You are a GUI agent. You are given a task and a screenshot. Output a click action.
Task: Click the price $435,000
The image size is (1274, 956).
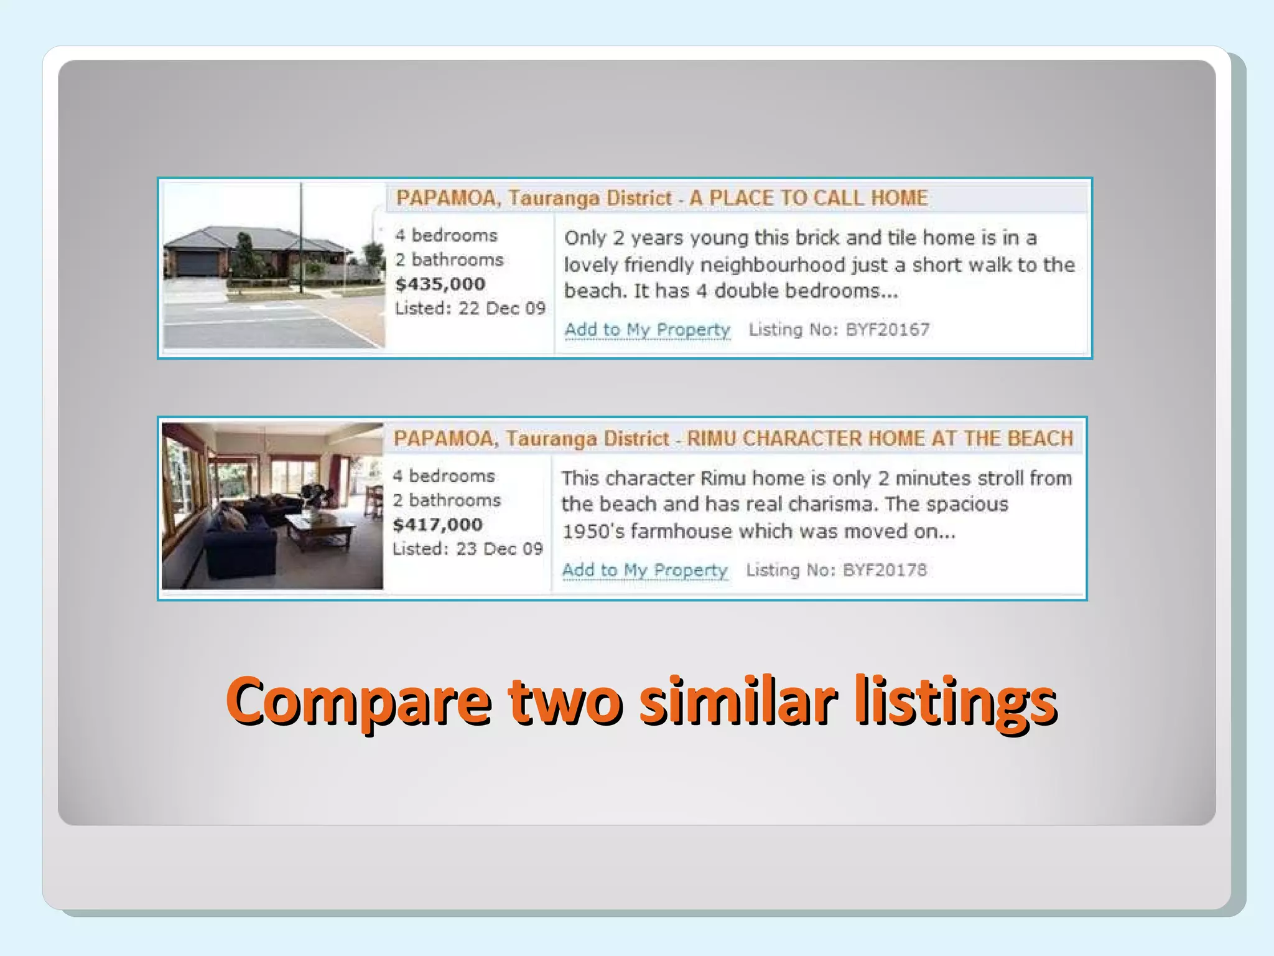440,284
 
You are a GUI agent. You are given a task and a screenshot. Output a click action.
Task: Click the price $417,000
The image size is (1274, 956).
437,525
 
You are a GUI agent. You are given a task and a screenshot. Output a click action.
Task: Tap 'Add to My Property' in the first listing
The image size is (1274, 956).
647,329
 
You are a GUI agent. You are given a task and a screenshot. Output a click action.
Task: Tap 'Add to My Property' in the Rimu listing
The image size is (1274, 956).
644,570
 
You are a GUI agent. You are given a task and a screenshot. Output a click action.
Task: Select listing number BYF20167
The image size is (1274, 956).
887,329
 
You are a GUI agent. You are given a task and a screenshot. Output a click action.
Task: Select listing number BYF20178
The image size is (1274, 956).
884,570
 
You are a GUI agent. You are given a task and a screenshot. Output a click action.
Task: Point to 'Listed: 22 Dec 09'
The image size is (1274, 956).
470,309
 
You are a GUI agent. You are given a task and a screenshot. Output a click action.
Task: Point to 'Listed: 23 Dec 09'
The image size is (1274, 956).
467,549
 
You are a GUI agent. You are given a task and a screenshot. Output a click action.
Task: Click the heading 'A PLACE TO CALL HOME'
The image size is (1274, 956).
809,198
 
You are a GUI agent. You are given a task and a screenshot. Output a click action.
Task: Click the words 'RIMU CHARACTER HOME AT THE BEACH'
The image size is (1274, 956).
880,438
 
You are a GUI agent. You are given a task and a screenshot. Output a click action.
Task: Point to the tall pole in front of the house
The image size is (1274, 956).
301,237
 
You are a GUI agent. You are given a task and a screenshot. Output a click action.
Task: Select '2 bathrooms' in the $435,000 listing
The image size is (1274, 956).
449,260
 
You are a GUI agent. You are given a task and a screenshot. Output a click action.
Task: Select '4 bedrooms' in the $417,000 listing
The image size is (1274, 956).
444,476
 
